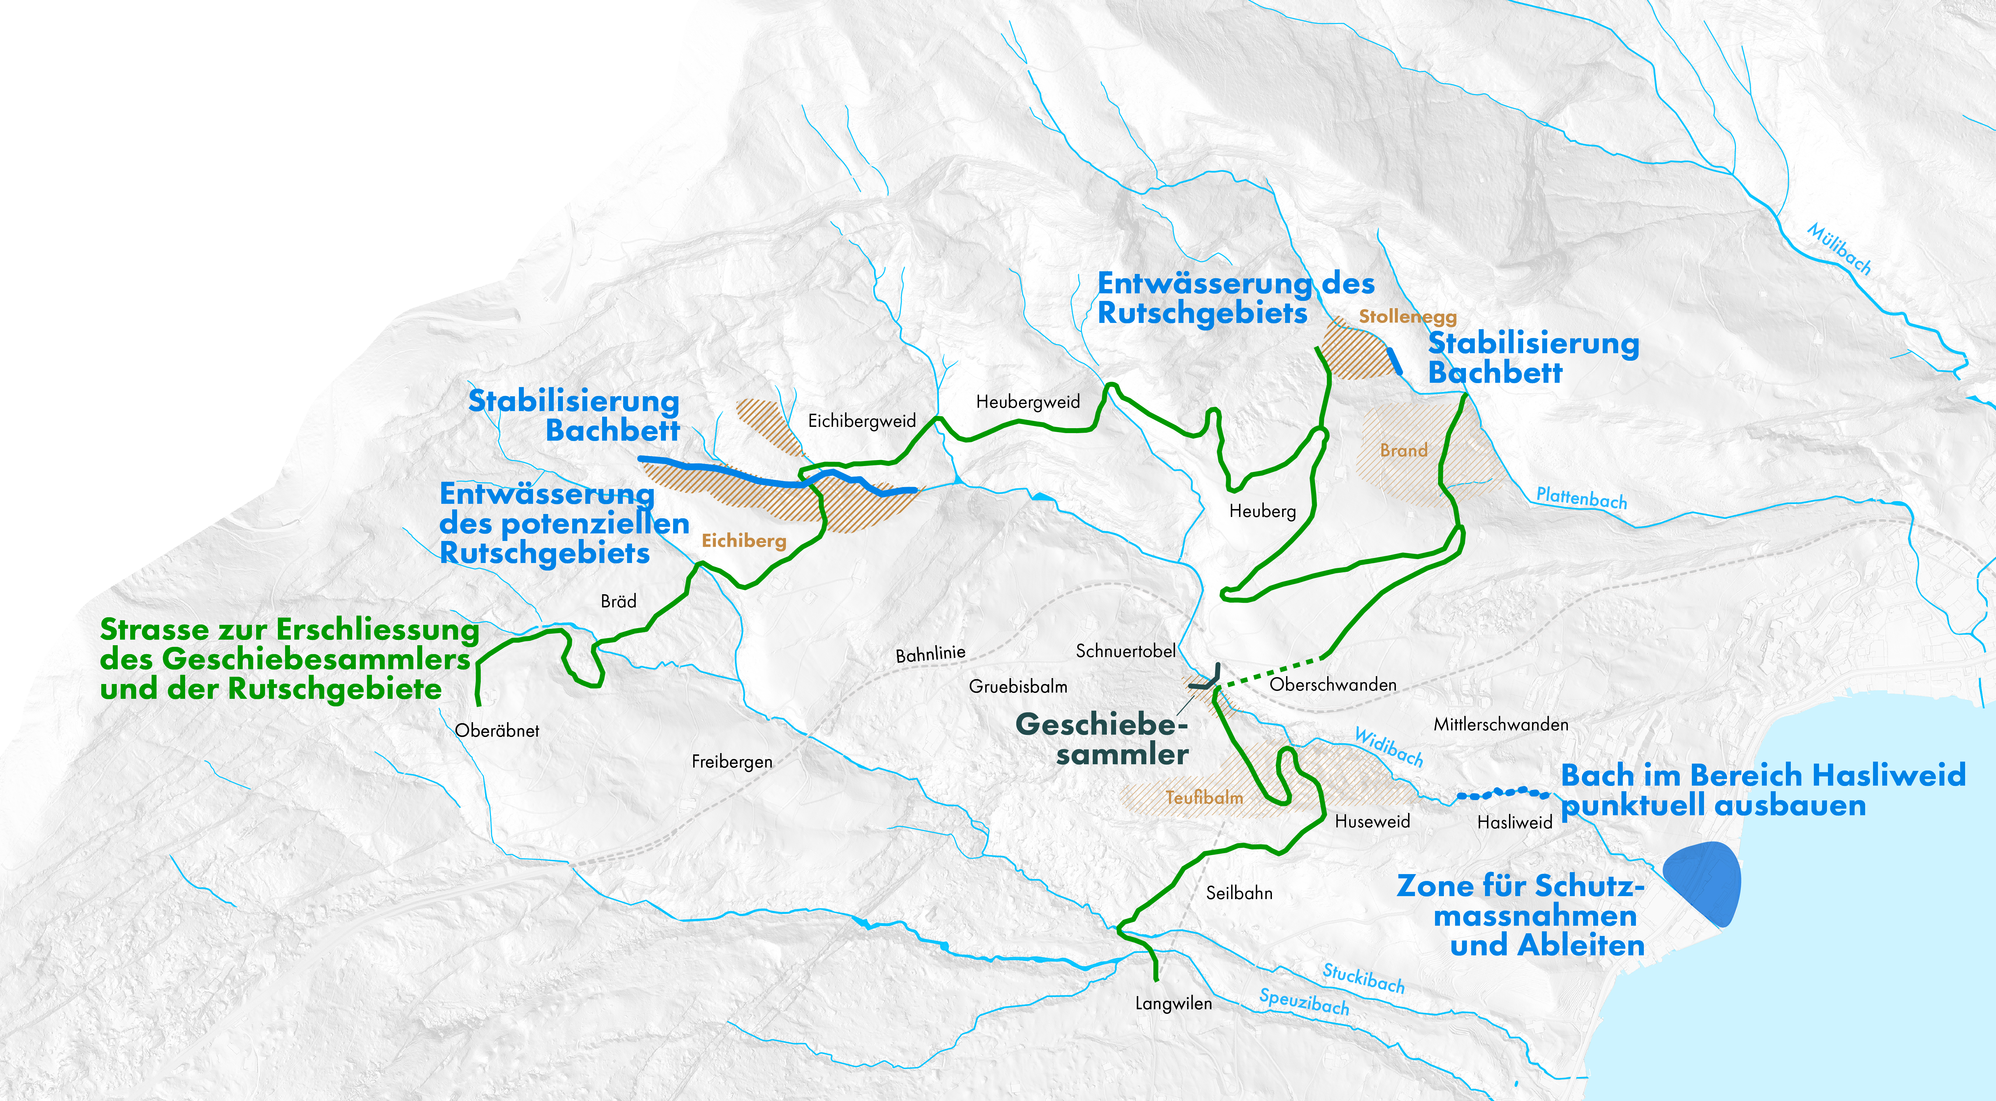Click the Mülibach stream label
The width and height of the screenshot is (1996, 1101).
coord(1839,249)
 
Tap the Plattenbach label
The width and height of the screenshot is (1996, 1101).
coord(1581,498)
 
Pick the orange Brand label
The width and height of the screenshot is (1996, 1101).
coord(1403,450)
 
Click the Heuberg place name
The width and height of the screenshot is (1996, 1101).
coord(1262,511)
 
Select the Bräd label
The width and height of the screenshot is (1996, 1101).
coord(618,601)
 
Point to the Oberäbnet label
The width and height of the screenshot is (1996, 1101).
coord(497,731)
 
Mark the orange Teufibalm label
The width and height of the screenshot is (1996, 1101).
coord(1204,797)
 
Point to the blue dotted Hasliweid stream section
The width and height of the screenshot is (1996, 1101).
coord(1503,793)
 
